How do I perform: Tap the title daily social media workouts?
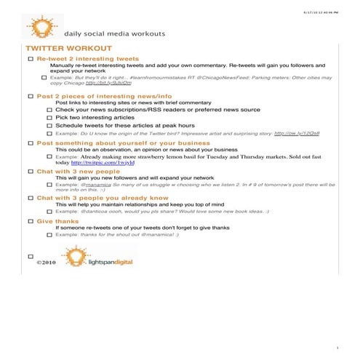tap(114, 33)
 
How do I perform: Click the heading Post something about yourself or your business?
tap(123, 143)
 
